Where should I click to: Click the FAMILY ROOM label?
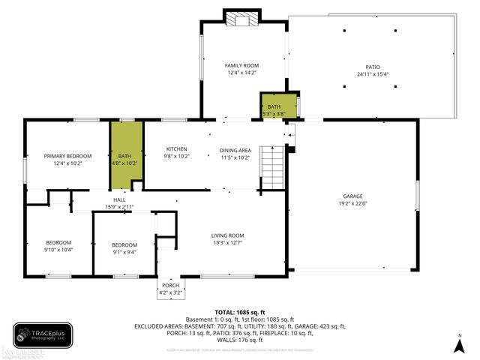(241, 66)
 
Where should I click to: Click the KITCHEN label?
(176, 149)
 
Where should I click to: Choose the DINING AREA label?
(235, 149)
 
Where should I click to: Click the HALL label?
(119, 199)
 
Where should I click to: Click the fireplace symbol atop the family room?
(241, 18)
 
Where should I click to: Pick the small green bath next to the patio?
(274, 107)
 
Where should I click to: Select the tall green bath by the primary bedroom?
(126, 154)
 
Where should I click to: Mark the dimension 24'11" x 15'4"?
(373, 73)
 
